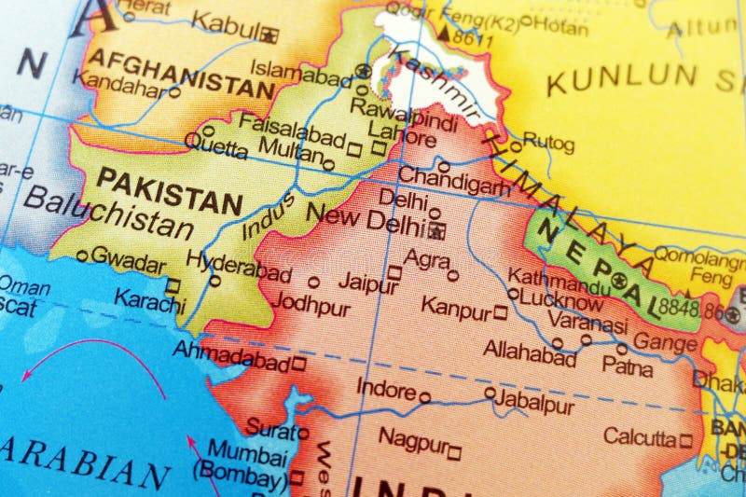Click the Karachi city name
point(149,300)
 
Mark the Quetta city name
point(215,143)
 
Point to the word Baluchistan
point(108,213)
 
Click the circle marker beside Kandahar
point(173,92)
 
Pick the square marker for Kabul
point(270,36)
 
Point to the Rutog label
point(548,143)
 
